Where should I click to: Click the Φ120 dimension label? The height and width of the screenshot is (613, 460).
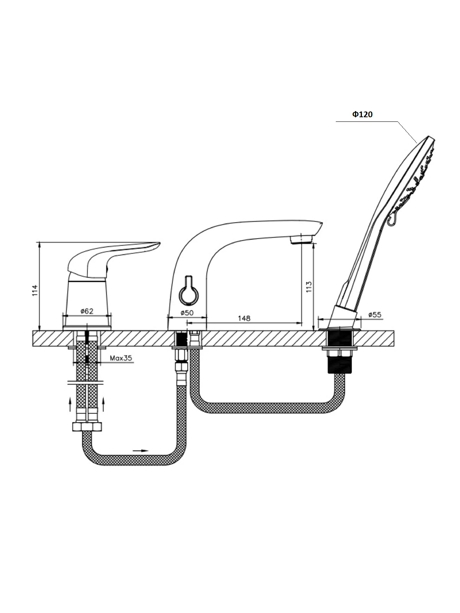[362, 114]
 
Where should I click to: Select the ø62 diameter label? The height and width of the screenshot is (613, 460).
[87, 311]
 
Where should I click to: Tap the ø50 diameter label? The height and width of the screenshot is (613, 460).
[187, 313]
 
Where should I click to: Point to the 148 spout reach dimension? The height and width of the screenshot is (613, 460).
[244, 318]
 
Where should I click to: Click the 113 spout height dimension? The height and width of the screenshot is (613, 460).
[309, 287]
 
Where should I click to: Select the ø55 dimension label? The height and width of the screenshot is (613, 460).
[375, 315]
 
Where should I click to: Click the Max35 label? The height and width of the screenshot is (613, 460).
[121, 358]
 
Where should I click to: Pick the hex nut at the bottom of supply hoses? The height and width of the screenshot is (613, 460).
[87, 427]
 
